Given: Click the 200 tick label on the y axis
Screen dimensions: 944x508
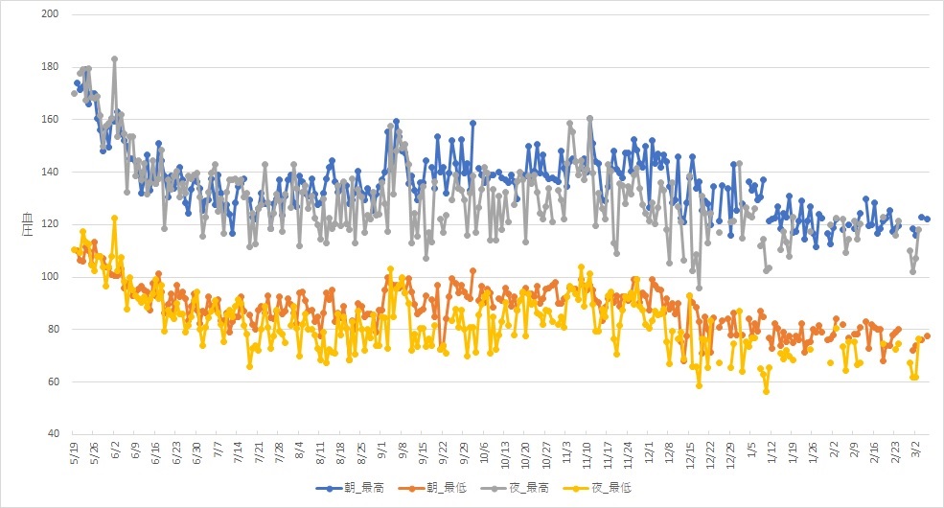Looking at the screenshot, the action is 50,13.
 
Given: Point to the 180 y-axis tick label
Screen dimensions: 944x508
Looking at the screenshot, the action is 50,66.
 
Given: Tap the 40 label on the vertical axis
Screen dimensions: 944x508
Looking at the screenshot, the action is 53,433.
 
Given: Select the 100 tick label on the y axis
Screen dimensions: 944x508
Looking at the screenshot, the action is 50,276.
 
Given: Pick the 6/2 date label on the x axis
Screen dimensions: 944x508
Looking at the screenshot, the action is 116,451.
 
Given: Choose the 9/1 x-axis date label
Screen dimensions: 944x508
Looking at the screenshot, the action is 381,451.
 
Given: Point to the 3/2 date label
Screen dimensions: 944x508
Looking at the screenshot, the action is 914,451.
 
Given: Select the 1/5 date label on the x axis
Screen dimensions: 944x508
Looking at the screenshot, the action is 750,451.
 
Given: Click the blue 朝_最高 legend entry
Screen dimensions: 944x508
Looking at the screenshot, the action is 350,488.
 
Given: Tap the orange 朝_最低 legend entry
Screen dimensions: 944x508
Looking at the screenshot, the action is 432,488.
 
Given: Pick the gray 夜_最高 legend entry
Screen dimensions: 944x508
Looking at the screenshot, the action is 515,488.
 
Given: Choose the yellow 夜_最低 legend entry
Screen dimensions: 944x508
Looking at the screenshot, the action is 597,488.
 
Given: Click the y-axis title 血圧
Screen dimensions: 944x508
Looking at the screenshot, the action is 28,224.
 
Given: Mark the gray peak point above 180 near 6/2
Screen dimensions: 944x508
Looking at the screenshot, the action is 114,59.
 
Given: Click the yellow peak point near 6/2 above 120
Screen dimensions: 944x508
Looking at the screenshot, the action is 114,219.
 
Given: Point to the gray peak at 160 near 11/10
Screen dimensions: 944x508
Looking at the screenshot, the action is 590,119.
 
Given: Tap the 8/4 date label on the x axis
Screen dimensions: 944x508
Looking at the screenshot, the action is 300,451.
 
